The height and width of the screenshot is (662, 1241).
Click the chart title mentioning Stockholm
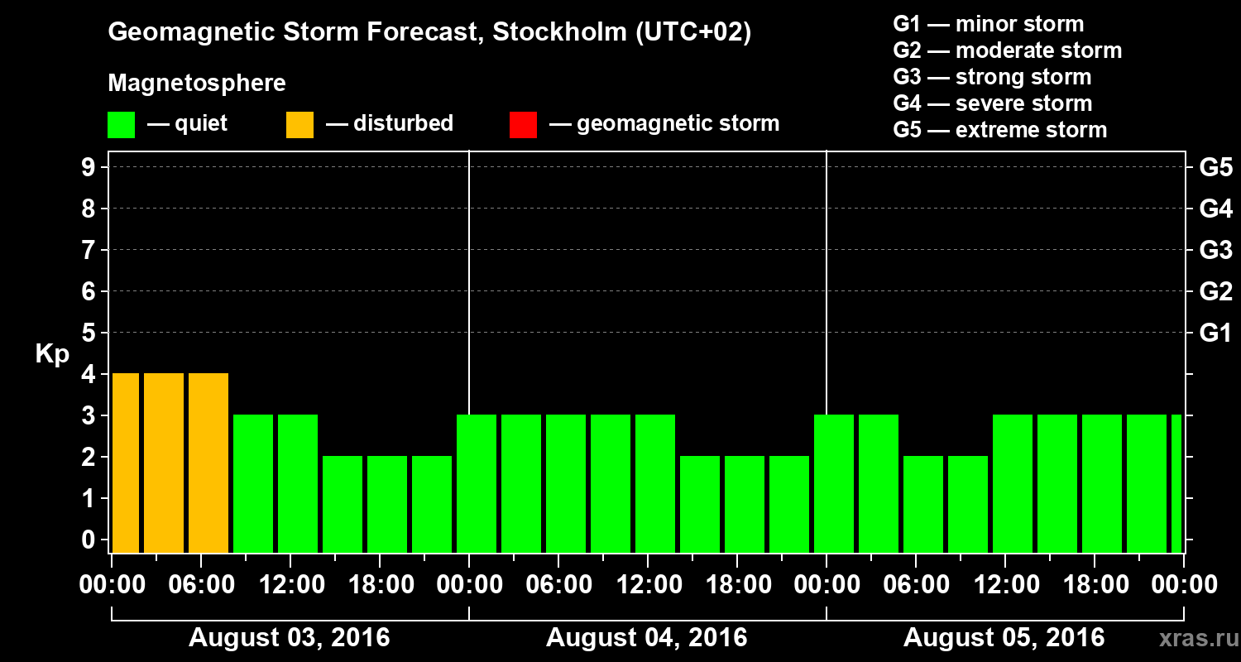click(x=429, y=32)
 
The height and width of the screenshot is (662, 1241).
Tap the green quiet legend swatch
click(x=121, y=125)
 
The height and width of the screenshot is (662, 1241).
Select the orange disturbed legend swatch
click(x=299, y=125)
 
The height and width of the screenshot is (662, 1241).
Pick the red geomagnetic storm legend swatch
click(x=523, y=125)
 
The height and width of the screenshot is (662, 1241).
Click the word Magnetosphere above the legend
click(x=197, y=84)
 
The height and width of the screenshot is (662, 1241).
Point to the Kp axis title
click(x=52, y=354)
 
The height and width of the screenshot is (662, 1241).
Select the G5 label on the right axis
click(x=1215, y=168)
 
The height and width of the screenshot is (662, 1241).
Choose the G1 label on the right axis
click(x=1215, y=333)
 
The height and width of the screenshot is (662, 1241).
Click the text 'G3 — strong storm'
click(x=992, y=78)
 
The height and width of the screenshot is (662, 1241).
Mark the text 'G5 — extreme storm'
click(x=999, y=131)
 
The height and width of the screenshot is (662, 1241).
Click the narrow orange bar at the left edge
click(x=126, y=463)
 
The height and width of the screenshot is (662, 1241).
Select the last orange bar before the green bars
click(x=208, y=463)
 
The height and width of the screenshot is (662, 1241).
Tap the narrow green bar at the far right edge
click(x=1176, y=484)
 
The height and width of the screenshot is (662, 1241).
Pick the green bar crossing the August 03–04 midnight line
click(x=477, y=484)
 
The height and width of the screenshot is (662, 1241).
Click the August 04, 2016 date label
click(x=646, y=638)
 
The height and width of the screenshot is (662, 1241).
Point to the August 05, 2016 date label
click(x=1004, y=638)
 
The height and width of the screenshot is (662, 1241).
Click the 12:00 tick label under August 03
click(x=291, y=585)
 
